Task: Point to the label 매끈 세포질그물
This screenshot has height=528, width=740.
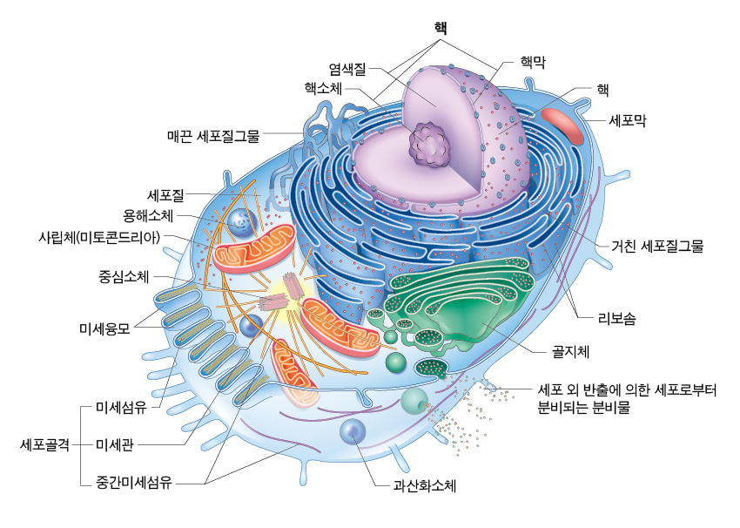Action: (213, 135)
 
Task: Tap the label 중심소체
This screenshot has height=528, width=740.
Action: (124, 277)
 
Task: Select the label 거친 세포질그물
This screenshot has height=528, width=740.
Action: (656, 246)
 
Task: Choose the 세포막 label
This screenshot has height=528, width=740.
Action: (627, 120)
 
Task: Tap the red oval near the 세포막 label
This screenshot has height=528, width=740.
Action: (564, 126)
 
